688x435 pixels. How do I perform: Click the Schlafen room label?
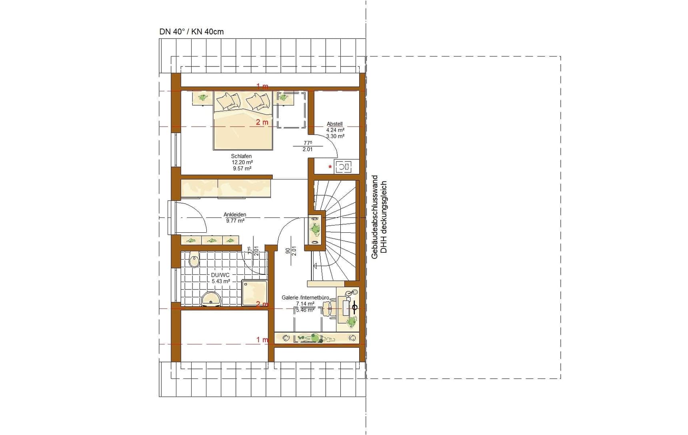click(x=241, y=156)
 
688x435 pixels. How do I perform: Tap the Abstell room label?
click(x=335, y=124)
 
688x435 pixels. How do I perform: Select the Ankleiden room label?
click(x=235, y=215)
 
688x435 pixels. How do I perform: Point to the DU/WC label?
click(x=220, y=275)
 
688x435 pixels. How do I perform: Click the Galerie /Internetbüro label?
click(x=305, y=298)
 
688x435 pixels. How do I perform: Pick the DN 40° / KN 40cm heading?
click(x=192, y=32)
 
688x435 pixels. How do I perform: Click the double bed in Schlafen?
click(x=243, y=120)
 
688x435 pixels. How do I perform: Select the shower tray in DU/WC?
click(x=254, y=293)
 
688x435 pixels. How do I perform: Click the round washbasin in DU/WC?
click(x=211, y=299)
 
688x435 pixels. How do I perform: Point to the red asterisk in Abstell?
click(x=330, y=167)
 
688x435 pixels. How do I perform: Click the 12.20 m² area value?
click(x=242, y=162)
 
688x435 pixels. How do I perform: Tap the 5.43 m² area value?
click(x=221, y=281)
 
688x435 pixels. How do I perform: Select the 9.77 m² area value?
click(x=235, y=221)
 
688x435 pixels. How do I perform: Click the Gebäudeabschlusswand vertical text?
click(x=375, y=217)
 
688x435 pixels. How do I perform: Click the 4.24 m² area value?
click(x=335, y=130)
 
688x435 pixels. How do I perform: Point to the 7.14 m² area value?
click(x=305, y=304)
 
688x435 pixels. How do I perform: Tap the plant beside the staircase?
click(x=316, y=230)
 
